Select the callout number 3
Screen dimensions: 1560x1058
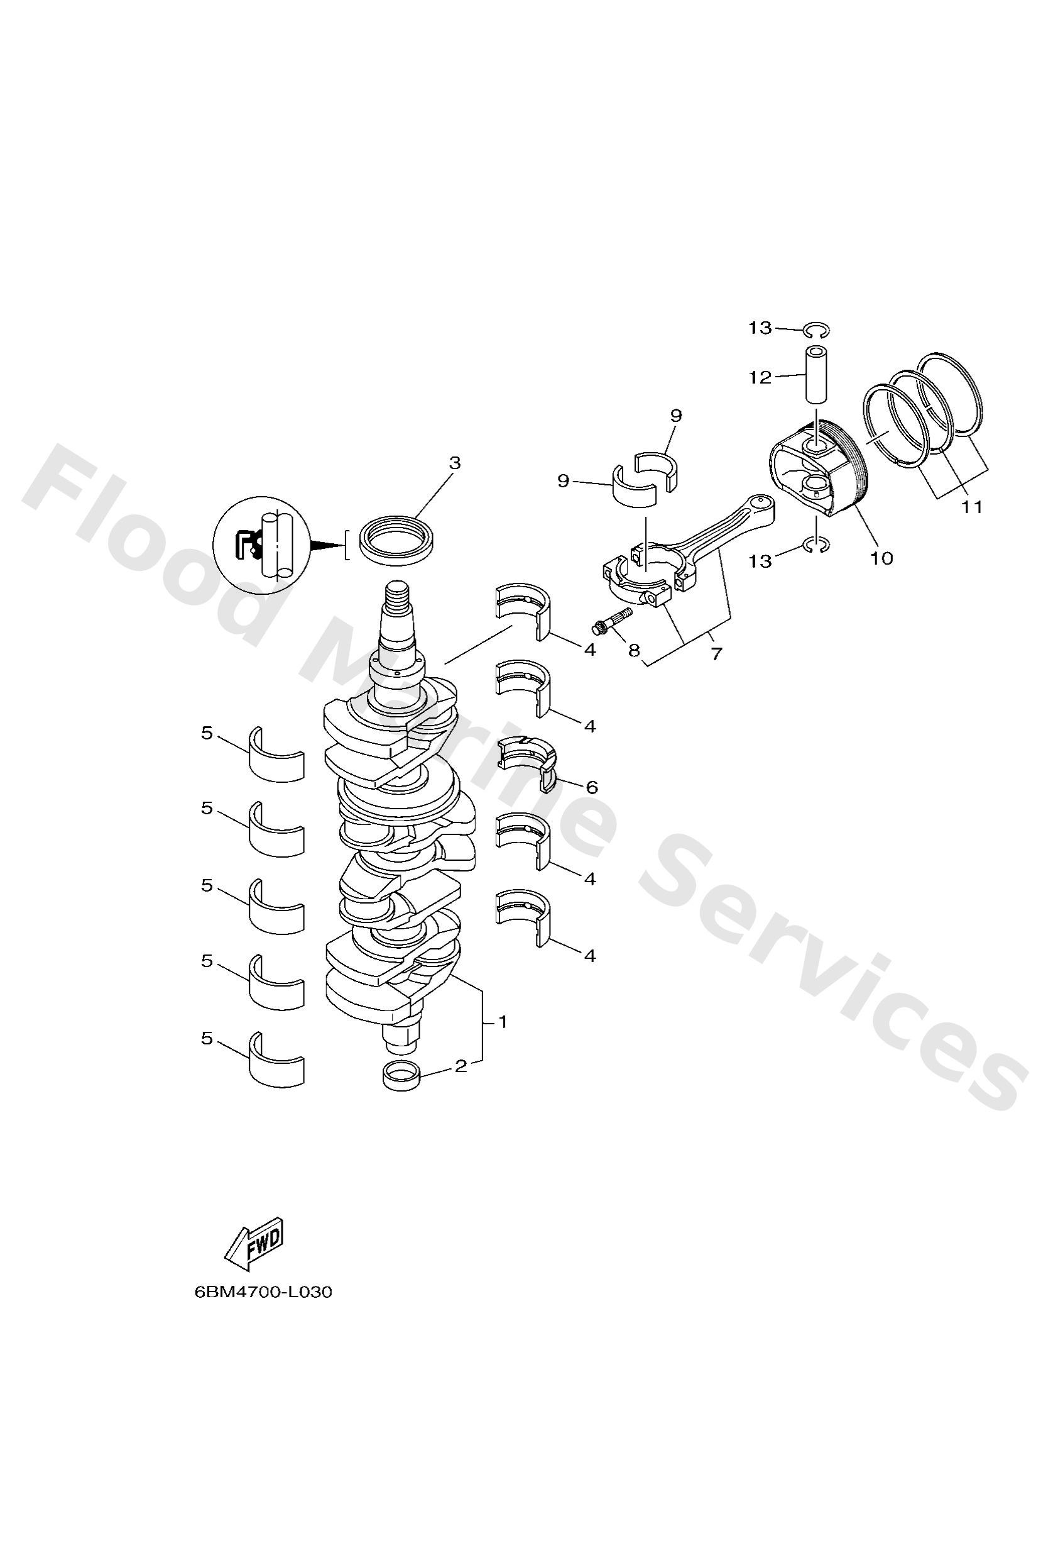tap(455, 463)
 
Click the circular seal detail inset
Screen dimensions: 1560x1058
tap(261, 545)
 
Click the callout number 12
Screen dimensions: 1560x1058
tap(761, 378)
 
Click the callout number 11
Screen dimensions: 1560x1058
tap(972, 507)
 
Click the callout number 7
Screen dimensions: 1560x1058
tap(716, 653)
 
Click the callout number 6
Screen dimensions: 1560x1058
tap(592, 787)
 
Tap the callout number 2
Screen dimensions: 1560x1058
tap(461, 1066)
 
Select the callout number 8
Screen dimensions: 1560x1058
tap(634, 650)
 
